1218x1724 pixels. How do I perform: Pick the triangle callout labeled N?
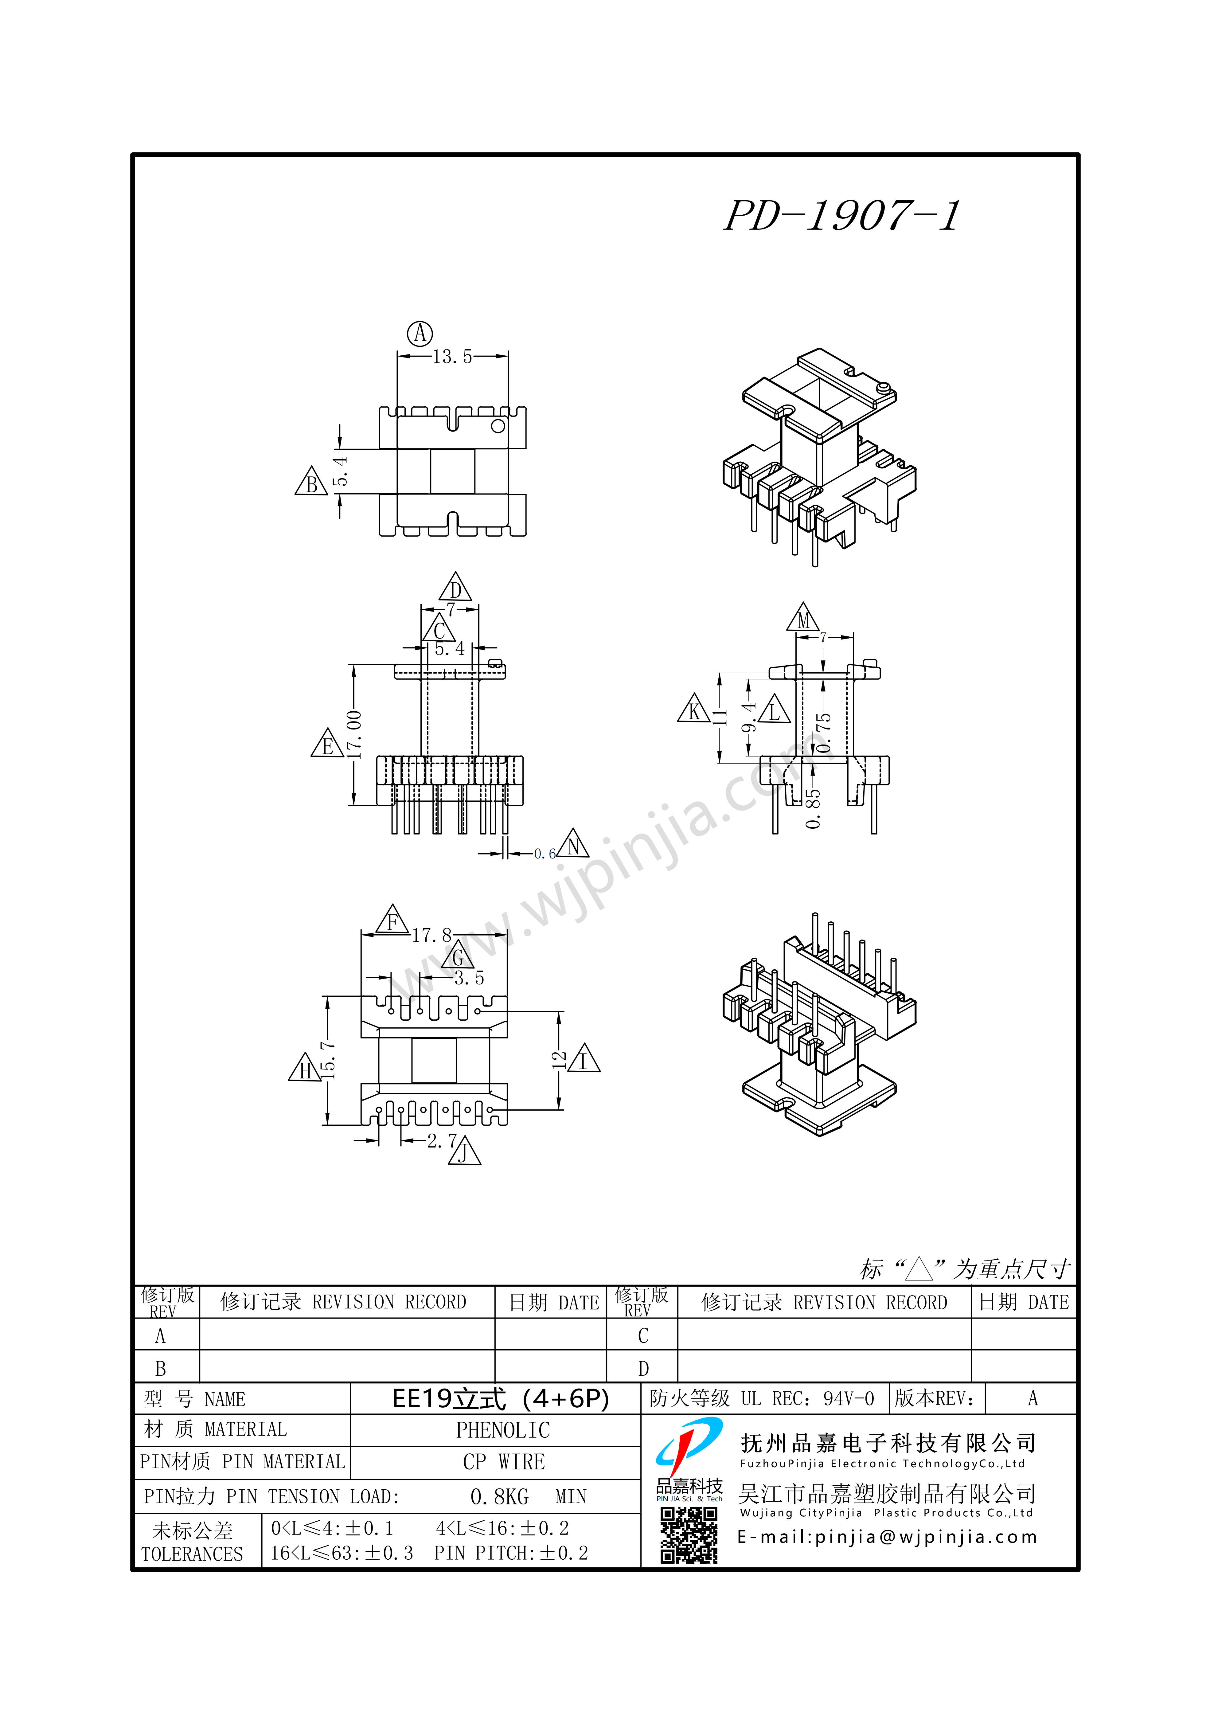coord(573,844)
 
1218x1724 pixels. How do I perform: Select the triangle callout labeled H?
coord(305,1067)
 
